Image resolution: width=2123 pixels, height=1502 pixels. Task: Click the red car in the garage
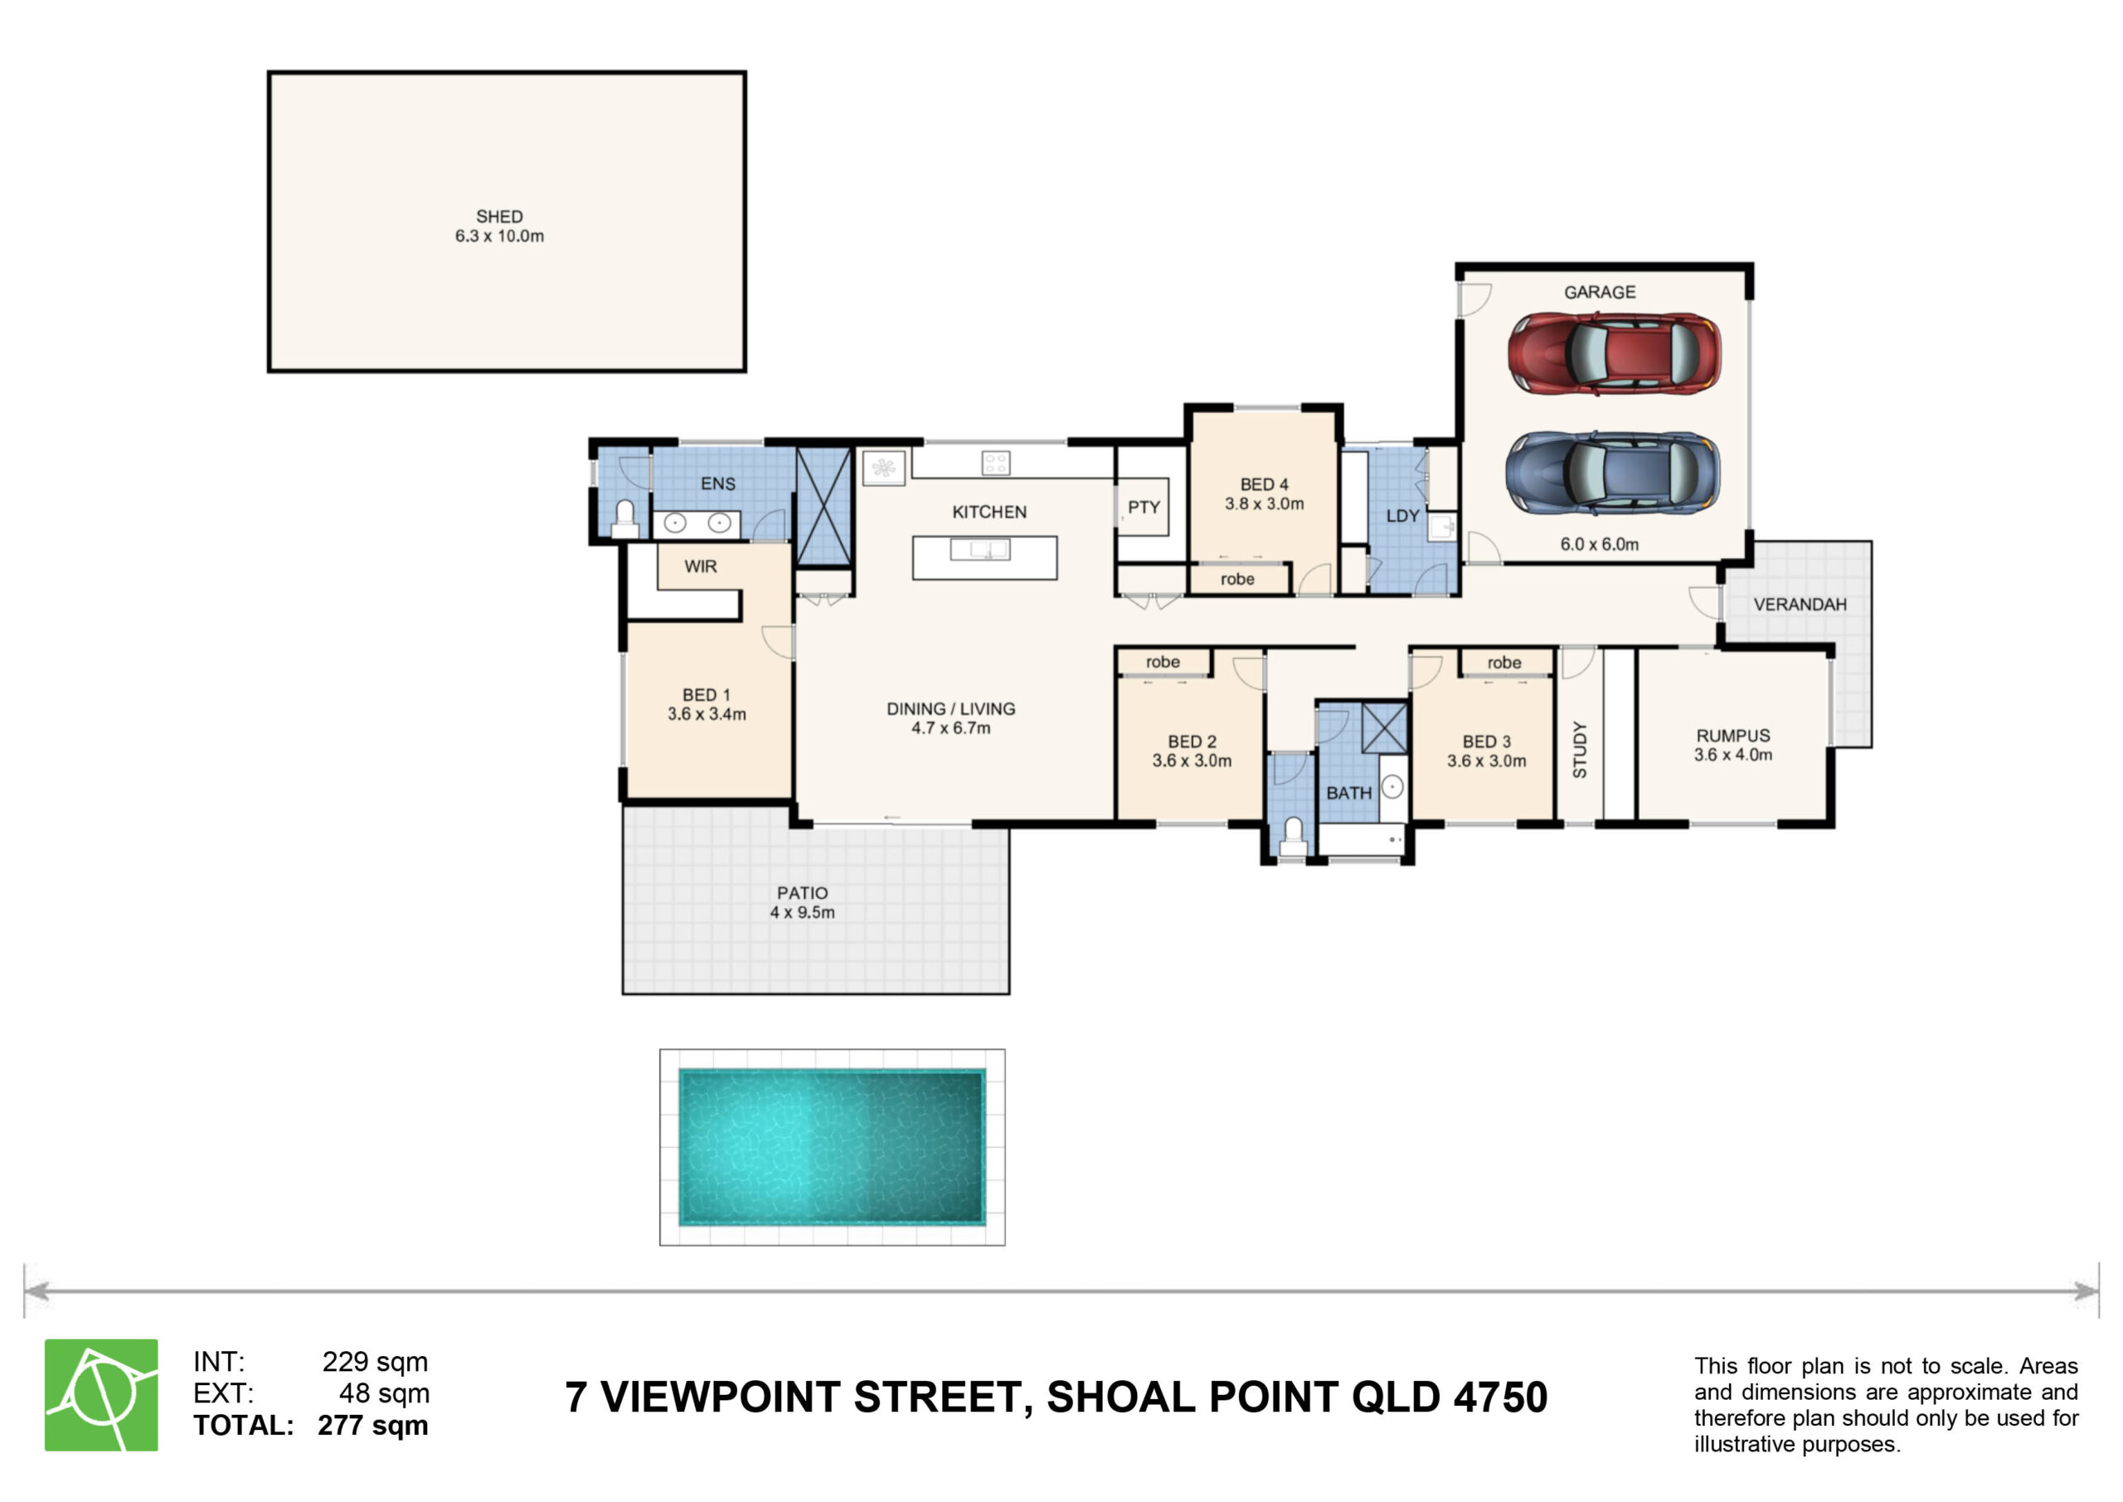click(1614, 354)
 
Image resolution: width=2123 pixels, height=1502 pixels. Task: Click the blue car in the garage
click(1613, 473)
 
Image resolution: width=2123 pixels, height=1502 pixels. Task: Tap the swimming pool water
click(832, 1148)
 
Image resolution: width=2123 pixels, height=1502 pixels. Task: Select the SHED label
click(499, 216)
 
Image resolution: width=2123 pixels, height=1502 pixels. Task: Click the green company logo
click(101, 1395)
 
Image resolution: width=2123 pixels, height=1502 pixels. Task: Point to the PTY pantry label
click(1144, 508)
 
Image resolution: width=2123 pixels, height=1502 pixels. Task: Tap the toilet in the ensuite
click(625, 519)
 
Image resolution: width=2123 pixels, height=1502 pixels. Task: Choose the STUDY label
click(1581, 749)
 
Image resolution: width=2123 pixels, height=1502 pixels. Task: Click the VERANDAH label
click(1800, 605)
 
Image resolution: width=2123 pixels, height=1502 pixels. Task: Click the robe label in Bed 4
click(1237, 579)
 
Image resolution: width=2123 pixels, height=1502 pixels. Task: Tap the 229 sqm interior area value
click(376, 1363)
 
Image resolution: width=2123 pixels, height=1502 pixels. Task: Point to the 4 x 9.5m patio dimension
click(803, 913)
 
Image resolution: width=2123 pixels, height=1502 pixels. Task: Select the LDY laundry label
click(1402, 516)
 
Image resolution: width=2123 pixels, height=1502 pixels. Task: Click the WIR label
click(701, 567)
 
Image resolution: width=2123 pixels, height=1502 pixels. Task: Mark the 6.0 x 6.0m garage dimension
click(1600, 545)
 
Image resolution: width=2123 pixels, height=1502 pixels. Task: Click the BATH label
click(1349, 794)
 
